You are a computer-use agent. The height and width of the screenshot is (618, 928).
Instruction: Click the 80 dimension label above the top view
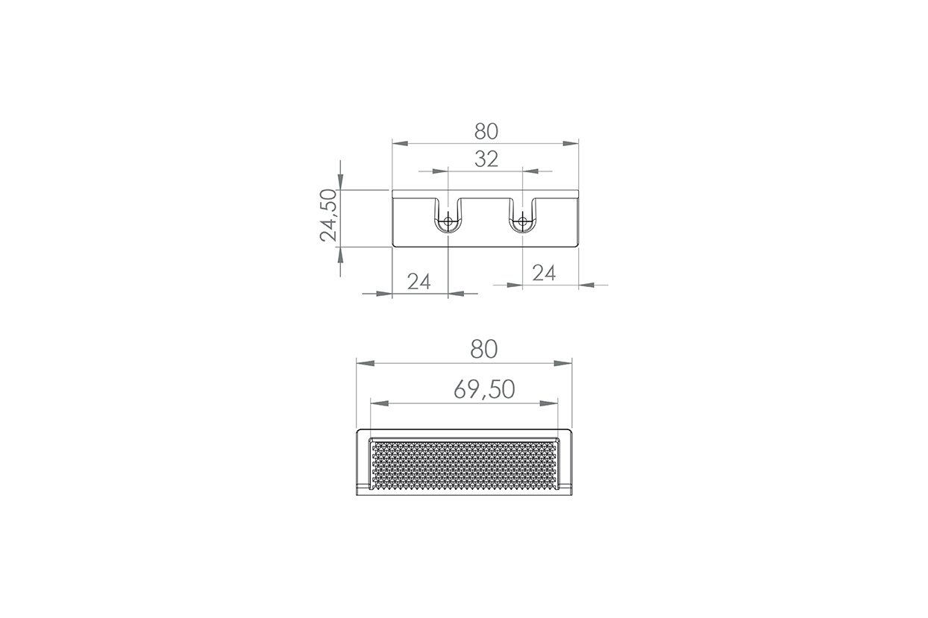pos(486,132)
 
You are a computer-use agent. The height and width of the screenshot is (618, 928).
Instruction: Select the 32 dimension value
pos(486,160)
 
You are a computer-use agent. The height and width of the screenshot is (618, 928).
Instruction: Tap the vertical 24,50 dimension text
pos(329,215)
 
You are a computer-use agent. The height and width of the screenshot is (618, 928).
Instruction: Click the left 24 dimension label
pos(418,282)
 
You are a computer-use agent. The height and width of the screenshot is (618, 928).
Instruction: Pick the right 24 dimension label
pos(544,273)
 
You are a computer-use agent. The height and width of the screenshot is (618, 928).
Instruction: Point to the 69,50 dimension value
pos(484,389)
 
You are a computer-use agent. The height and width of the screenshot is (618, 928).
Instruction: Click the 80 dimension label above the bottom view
pos(484,350)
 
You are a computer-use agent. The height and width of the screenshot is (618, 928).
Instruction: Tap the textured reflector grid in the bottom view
pos(464,466)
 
